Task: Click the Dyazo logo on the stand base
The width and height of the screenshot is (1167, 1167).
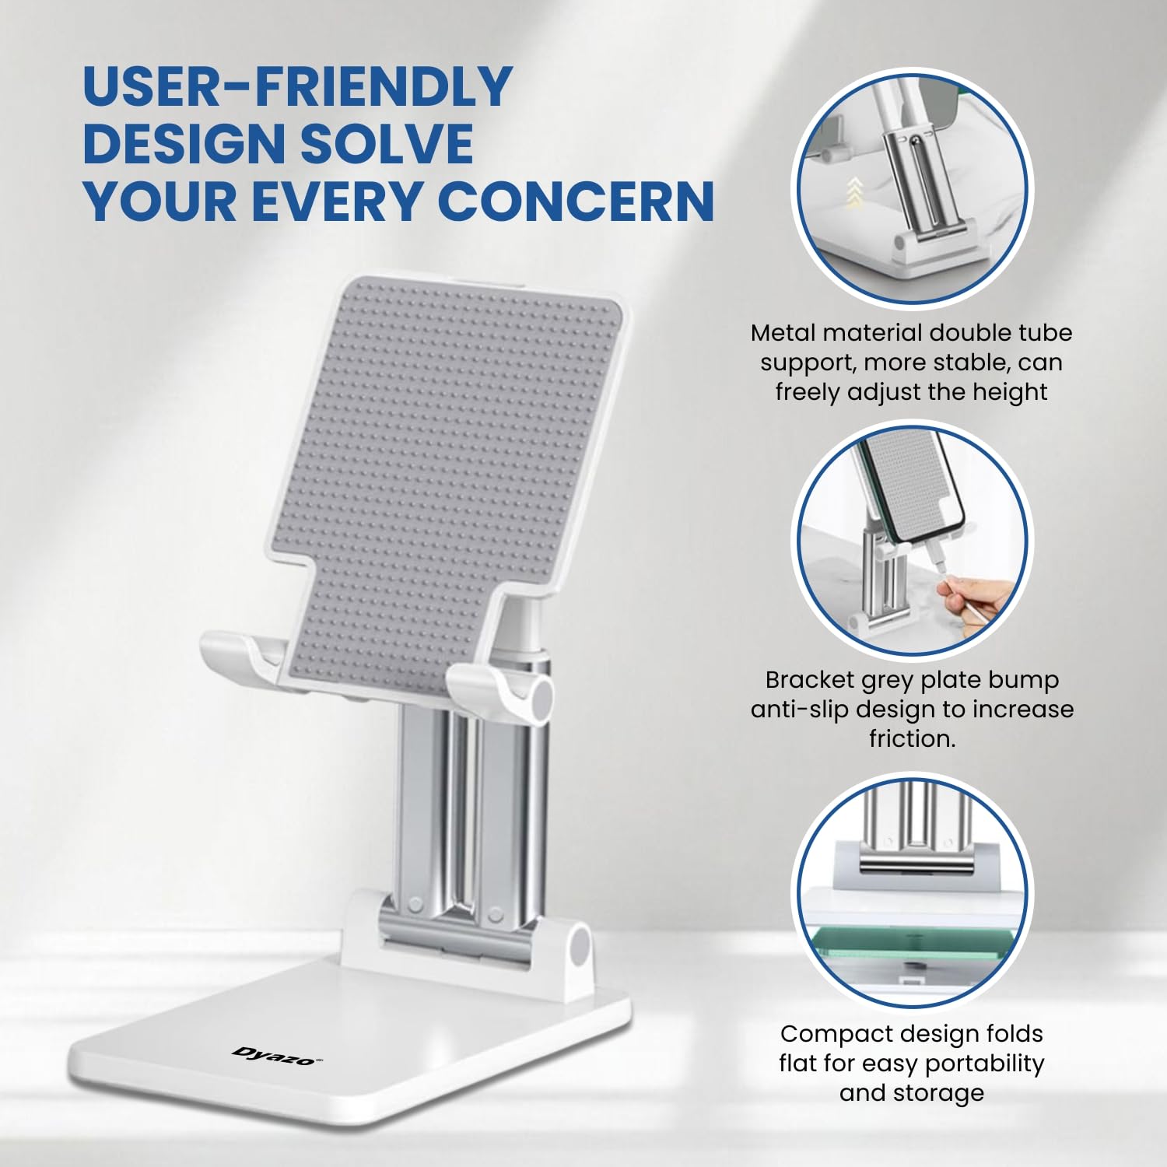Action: click(x=277, y=1056)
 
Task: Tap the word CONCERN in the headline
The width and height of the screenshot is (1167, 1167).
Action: click(x=576, y=202)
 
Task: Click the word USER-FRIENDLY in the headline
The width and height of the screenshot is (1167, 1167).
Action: click(x=297, y=86)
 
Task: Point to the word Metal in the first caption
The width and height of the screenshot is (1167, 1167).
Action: click(x=783, y=333)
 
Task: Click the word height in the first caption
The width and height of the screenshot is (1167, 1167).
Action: click(x=1008, y=392)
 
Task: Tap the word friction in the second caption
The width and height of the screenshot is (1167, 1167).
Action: click(x=912, y=738)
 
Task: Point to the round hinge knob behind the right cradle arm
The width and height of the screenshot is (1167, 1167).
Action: click(x=540, y=698)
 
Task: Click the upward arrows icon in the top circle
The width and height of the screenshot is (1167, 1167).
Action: click(x=854, y=192)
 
